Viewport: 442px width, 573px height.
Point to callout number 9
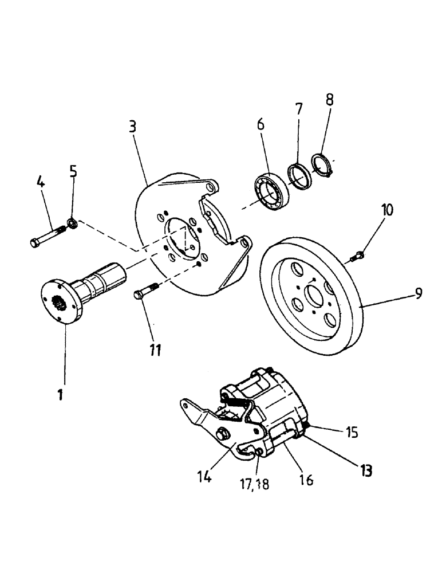pos(419,293)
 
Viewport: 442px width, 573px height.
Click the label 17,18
pos(255,484)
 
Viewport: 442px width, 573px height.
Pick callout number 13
pos(366,470)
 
